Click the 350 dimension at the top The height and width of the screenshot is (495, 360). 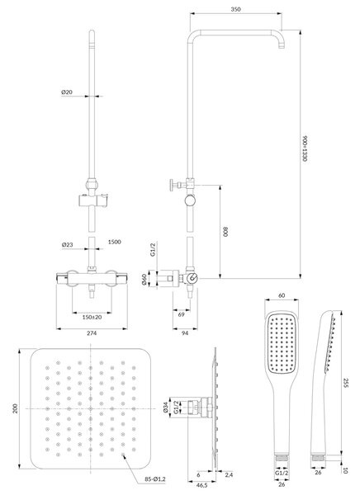coord(235,9)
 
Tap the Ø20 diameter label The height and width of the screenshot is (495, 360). coord(67,92)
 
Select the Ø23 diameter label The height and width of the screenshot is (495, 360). coord(68,245)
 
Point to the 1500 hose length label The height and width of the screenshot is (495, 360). coord(115,242)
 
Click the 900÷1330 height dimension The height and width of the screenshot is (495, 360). coord(305,149)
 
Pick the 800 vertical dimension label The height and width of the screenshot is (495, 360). coord(225,231)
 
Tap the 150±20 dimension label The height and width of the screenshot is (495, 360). coord(92,317)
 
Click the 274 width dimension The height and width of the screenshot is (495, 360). coord(92,333)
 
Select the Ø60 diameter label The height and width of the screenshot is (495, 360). coord(144,280)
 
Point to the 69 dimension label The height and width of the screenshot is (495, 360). coord(182,314)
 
